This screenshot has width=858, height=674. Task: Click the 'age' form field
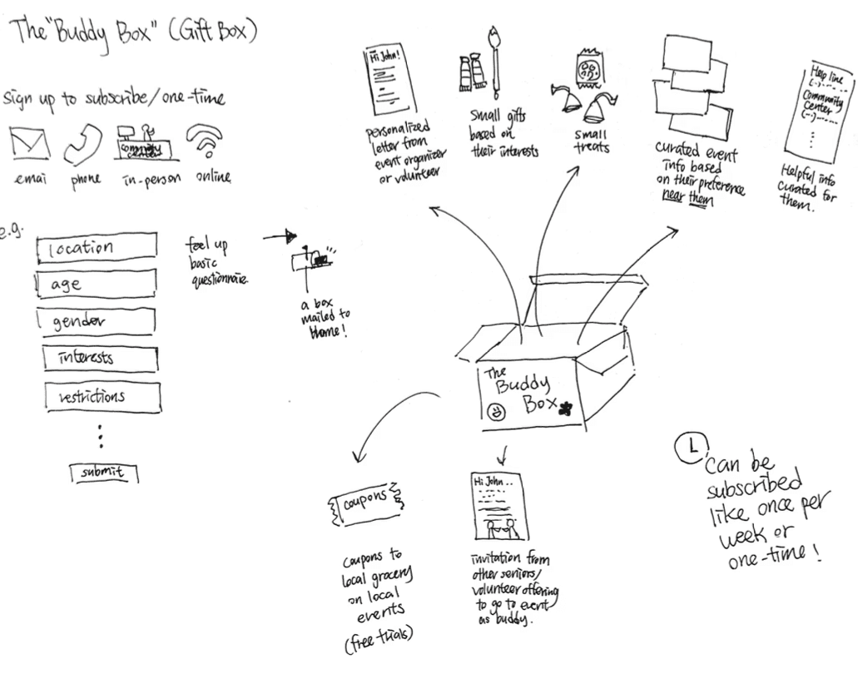point(97,284)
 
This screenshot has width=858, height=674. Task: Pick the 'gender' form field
point(97,321)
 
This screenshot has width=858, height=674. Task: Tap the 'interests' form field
point(100,359)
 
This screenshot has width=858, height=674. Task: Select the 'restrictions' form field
point(100,396)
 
